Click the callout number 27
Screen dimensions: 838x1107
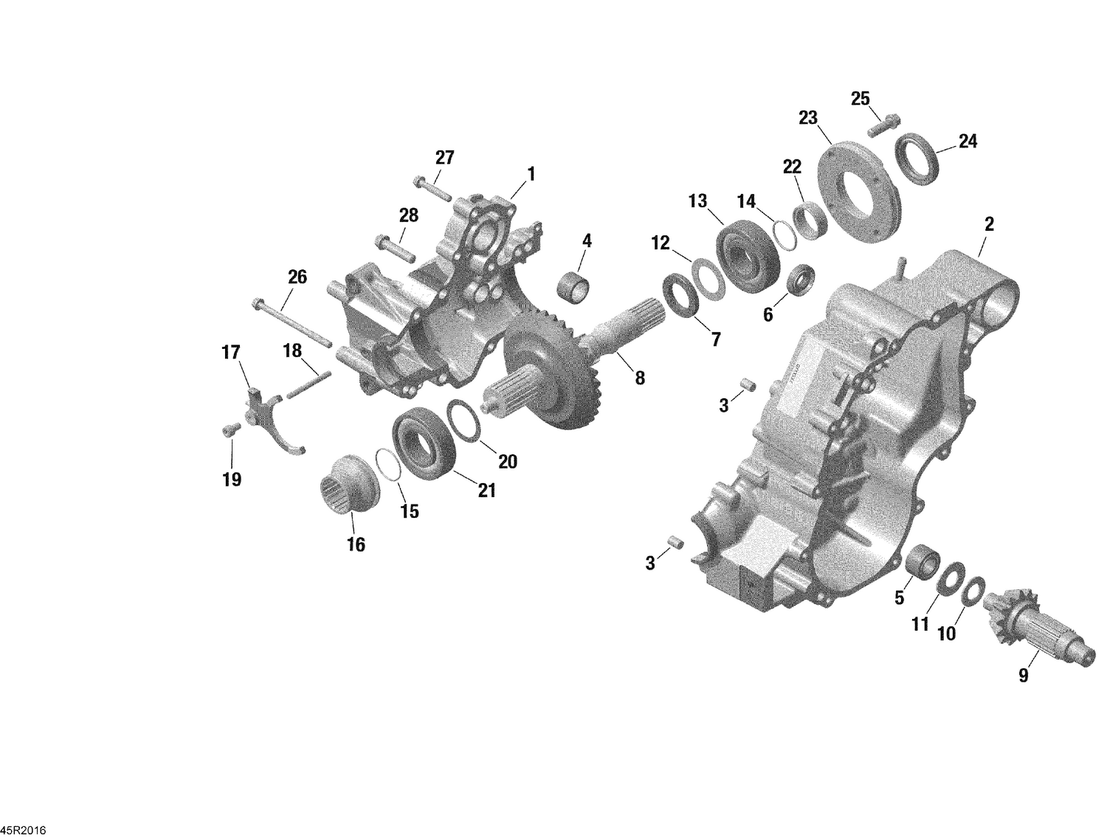click(444, 157)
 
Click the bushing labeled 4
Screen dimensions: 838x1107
click(576, 287)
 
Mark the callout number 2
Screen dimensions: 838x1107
click(989, 224)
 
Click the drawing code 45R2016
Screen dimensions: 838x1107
click(23, 831)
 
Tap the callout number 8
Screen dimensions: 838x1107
click(639, 378)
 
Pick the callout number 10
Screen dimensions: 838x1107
click(946, 633)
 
